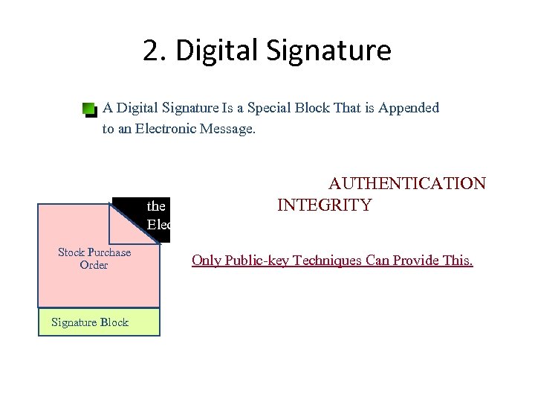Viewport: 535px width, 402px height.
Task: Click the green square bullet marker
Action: [89, 109]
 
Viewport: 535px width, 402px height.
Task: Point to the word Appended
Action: [409, 108]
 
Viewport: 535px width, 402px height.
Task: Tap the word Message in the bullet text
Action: [226, 129]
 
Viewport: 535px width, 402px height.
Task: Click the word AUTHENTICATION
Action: [407, 183]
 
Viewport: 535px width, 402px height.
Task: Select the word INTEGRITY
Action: [324, 205]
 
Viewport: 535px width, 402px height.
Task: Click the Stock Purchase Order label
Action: [94, 258]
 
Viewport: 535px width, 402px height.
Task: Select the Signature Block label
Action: [89, 322]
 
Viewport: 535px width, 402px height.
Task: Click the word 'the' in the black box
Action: [156, 206]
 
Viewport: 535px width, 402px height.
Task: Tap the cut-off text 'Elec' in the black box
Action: [159, 224]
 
